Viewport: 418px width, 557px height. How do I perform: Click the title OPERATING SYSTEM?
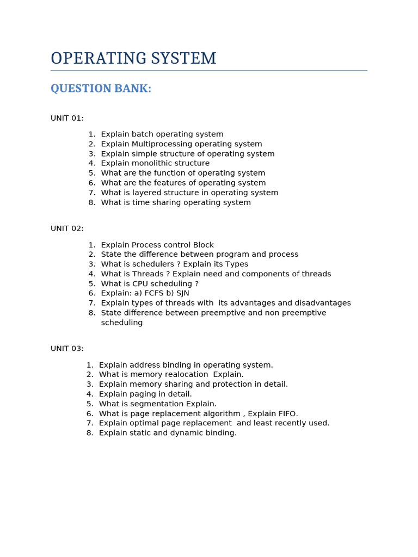point(133,59)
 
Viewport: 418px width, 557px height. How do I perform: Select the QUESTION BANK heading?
point(101,89)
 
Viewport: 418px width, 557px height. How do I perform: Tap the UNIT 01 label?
point(67,118)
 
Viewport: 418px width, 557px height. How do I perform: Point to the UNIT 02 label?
point(67,228)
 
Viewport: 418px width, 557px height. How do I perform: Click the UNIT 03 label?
point(67,349)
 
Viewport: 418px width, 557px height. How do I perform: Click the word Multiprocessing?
point(162,144)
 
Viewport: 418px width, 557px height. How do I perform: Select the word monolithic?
point(153,163)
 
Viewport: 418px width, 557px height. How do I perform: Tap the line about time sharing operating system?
point(176,202)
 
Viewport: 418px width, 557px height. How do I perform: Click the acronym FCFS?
point(152,293)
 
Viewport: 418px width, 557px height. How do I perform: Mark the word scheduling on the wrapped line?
point(122,323)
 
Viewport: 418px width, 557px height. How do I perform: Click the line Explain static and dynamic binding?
point(168,433)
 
